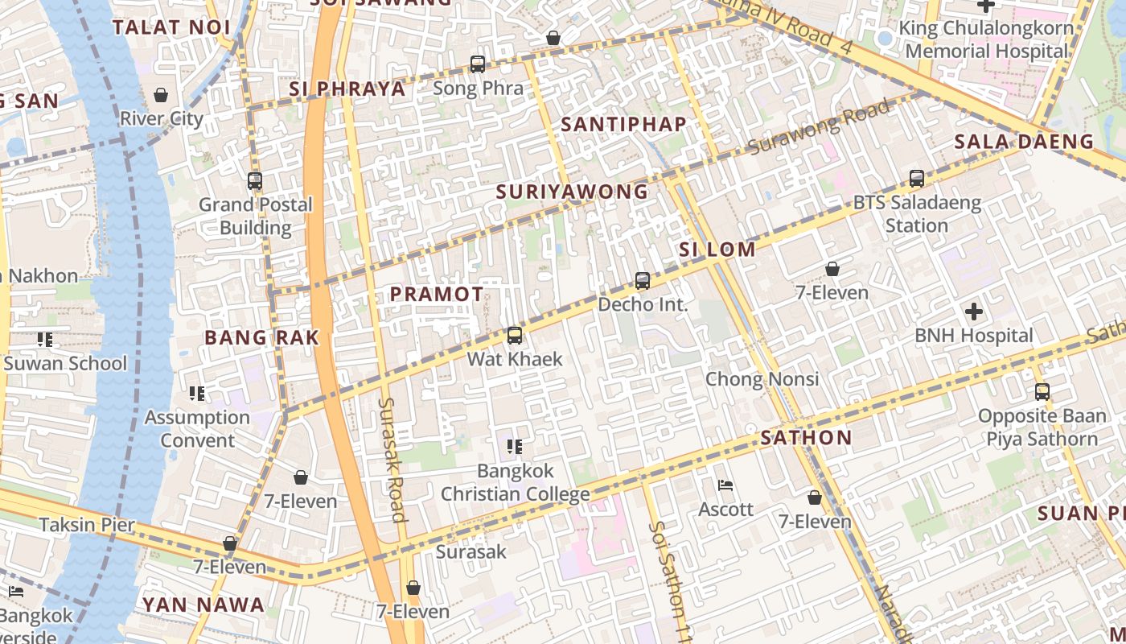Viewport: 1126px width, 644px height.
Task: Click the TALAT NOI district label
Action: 171,27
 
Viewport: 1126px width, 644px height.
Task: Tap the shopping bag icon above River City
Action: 161,95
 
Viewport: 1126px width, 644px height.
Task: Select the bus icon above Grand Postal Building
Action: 255,181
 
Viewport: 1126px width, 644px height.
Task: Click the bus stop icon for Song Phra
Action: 478,64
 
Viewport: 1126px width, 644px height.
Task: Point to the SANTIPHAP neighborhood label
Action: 623,124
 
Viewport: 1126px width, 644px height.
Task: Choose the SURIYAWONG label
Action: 572,192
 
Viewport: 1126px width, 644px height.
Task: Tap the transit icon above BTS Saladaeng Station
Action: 917,179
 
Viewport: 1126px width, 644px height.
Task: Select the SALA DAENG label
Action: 1024,142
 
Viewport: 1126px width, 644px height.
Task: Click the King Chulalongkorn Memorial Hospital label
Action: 987,39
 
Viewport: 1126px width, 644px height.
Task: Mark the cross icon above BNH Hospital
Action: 973,312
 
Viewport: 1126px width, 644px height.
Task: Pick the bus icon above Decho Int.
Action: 643,281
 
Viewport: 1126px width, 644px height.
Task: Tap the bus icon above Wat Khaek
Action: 515,335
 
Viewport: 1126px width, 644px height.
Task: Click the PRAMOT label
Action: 437,295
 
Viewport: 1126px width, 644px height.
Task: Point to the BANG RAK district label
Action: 261,337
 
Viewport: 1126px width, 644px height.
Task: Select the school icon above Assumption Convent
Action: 197,394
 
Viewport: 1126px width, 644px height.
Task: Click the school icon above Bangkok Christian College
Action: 515,446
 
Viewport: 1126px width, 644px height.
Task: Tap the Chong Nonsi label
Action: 762,379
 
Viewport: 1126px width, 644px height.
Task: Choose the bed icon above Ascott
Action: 725,485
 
